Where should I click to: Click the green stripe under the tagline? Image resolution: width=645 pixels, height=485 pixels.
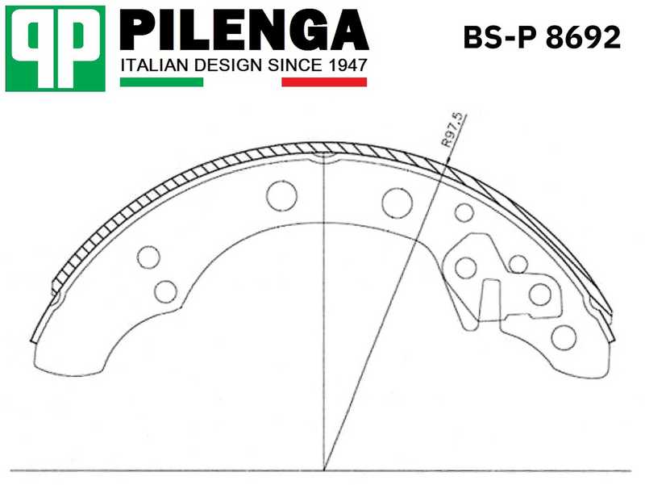pos(160,82)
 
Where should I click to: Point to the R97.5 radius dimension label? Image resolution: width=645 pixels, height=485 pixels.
pos(451,129)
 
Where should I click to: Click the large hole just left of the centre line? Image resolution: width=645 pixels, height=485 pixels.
pos(281,194)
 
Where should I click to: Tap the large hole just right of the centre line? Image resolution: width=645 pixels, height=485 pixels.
pos(397,202)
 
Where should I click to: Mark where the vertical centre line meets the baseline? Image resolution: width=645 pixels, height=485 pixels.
pos(324,470)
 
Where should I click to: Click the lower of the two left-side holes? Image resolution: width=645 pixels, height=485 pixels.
pos(165,291)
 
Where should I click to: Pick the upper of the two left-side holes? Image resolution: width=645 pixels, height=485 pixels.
pos(149,257)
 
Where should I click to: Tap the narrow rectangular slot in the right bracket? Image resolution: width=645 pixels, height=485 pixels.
pos(489,300)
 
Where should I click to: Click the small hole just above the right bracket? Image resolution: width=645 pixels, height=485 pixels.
pos(464,212)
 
